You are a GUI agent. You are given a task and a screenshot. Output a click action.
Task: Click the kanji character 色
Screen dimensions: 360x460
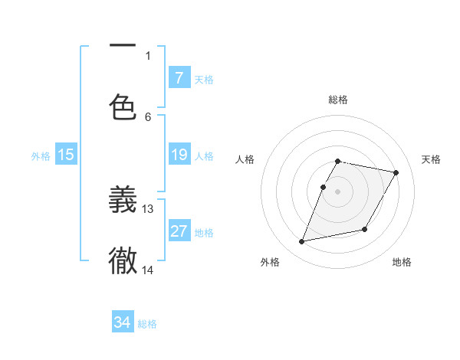[123, 106]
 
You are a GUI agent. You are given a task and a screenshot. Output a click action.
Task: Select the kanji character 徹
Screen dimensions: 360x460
[123, 261]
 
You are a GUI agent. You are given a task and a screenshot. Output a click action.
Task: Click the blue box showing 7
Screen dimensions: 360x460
[179, 77]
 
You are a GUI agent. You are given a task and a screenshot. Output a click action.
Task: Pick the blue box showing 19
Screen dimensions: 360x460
[179, 155]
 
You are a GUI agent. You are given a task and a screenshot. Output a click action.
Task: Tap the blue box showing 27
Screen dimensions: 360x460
[179, 231]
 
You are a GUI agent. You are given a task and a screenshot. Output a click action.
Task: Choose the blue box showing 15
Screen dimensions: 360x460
[66, 155]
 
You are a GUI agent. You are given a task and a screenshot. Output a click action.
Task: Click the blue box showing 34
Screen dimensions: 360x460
[122, 322]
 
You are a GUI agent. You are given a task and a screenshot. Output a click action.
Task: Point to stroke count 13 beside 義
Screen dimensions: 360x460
[148, 208]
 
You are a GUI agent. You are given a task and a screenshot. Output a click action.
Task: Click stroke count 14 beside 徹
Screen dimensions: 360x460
[148, 270]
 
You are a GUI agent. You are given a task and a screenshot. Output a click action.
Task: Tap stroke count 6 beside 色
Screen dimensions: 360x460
[148, 116]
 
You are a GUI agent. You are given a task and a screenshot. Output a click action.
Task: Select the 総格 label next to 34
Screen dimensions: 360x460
[147, 324]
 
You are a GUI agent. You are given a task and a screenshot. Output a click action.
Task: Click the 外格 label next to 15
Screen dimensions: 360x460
[41, 156]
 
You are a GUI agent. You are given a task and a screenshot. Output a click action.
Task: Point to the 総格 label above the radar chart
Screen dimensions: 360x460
[338, 100]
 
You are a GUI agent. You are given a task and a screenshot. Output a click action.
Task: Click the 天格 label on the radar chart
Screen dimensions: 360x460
[431, 159]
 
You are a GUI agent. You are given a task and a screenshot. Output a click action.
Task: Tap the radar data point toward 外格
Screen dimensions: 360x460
[302, 242]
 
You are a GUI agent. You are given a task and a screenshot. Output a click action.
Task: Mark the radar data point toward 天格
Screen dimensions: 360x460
[396, 173]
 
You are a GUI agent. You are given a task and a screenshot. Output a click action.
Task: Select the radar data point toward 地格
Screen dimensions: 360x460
[365, 229]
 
